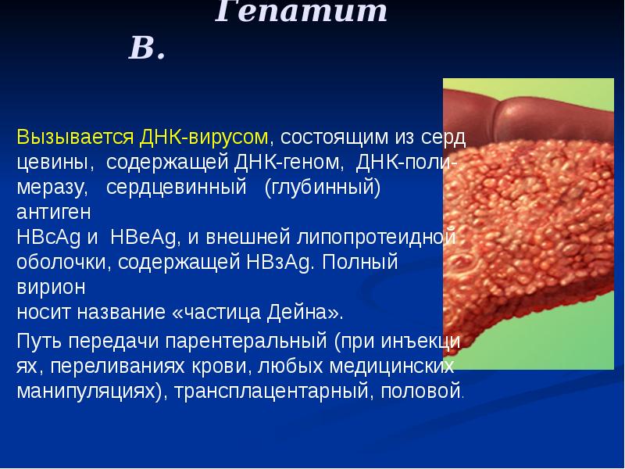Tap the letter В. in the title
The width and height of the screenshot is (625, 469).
click(147, 49)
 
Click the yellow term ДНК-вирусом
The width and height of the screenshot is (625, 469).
click(205, 138)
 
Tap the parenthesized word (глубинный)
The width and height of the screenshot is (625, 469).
click(322, 188)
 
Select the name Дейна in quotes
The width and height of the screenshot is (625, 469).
click(306, 313)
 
